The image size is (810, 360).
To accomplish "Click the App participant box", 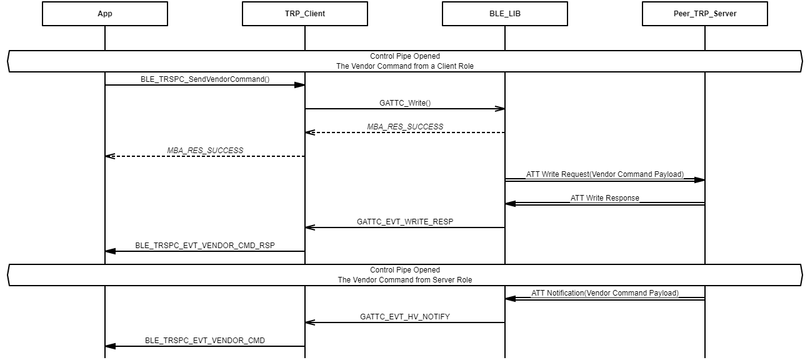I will point(105,14).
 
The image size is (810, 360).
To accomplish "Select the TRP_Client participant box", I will point(305,14).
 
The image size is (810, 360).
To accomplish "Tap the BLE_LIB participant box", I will point(505,14).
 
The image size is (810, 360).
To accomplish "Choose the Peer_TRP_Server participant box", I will point(705,14).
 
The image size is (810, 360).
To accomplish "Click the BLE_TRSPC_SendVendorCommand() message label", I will point(205,79).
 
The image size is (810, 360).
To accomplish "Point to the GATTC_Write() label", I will point(405,103).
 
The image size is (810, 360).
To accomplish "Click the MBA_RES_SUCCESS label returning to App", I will point(205,151).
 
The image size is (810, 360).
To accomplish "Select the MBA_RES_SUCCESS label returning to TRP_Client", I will point(405,127).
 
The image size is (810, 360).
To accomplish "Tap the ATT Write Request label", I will point(605,174).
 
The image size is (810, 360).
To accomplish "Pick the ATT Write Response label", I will point(605,198).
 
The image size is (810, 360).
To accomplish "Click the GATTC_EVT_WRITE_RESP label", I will point(405,222).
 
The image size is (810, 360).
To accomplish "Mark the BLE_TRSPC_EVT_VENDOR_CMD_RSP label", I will point(205,246).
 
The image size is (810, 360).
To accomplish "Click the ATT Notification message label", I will point(605,293).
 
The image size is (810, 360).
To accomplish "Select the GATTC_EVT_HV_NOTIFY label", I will point(405,317).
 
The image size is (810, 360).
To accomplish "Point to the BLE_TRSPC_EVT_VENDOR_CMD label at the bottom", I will point(205,341).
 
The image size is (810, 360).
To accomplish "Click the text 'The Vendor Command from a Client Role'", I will point(405,66).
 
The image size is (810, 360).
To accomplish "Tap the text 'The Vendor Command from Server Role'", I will point(405,280).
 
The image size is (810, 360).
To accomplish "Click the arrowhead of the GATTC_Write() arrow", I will point(500,109).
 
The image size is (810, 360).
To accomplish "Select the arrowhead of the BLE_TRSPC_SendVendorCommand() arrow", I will point(300,85).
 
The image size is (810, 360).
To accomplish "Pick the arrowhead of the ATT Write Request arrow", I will point(700,180).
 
